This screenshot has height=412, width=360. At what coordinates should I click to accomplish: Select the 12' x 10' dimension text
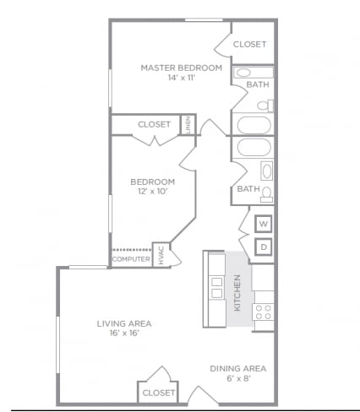point(152,192)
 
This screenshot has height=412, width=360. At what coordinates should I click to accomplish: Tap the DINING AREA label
point(237,368)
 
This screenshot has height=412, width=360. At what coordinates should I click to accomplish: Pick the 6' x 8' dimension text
point(237,379)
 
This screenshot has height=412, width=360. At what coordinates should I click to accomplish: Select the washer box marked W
point(264,224)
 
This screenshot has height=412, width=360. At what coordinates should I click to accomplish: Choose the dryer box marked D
point(264,247)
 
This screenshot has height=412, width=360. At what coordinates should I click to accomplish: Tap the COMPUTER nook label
point(131,259)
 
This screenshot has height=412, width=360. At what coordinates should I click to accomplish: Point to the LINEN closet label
point(188,125)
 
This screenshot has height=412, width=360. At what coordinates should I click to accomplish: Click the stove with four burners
point(264,312)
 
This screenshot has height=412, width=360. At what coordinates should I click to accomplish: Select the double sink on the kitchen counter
point(216,287)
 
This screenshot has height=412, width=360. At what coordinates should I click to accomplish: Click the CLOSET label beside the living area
point(158,393)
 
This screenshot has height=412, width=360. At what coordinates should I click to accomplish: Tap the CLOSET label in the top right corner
point(249,44)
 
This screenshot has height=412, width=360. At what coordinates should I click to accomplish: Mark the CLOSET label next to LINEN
point(154,125)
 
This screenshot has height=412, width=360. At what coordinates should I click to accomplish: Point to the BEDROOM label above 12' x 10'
point(152,182)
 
